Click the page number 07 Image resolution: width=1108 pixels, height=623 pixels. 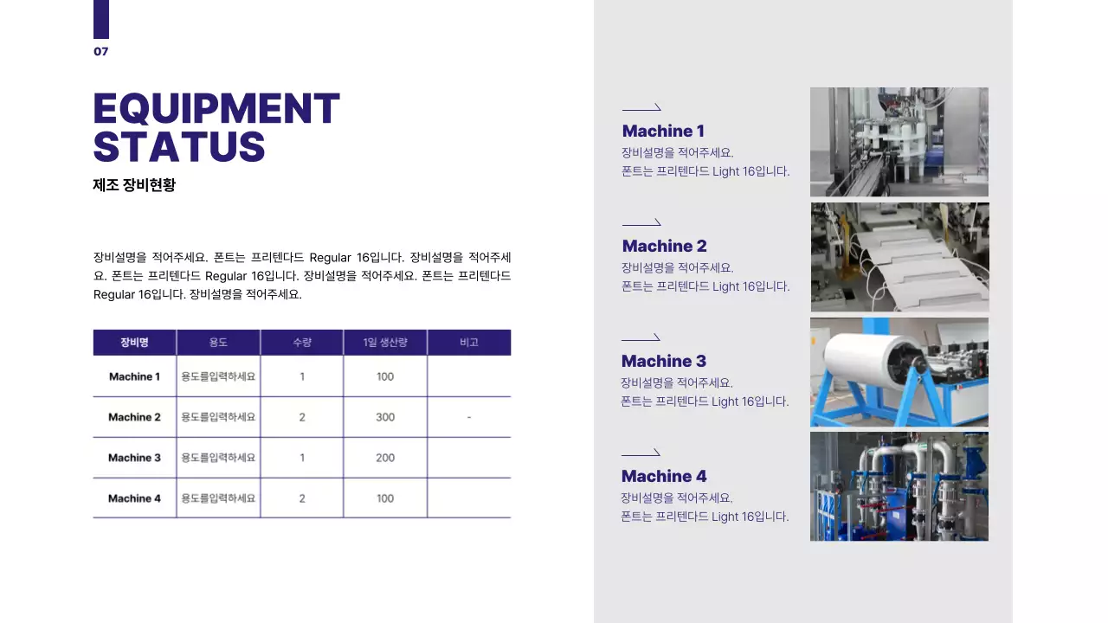(101, 52)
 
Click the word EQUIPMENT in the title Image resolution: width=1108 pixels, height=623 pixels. (216, 109)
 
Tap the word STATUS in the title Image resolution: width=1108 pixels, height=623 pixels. (178, 146)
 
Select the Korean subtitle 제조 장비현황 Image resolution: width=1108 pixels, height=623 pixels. (134, 184)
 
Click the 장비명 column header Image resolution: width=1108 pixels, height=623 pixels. (134, 343)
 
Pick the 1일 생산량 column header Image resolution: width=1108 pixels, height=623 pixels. (385, 343)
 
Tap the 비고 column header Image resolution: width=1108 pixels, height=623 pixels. (468, 343)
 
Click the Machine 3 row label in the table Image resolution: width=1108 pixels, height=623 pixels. (134, 458)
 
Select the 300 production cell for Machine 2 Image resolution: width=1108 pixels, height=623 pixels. (385, 417)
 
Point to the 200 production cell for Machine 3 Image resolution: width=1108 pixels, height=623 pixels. (385, 458)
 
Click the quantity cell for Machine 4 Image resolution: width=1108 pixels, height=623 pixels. (302, 498)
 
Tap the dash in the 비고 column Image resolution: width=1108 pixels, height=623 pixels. (468, 417)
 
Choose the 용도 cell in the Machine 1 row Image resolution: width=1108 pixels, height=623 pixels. (218, 376)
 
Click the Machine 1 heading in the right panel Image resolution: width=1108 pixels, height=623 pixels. (663, 132)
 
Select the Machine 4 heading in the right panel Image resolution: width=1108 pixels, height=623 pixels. (664, 477)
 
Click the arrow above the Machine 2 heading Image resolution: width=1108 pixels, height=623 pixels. (641, 223)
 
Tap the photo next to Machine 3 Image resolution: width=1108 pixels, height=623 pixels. (899, 372)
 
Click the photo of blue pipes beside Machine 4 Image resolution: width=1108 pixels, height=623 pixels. (899, 486)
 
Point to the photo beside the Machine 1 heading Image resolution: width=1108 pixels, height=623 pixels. (899, 142)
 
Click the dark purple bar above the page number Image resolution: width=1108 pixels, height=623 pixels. (101, 19)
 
